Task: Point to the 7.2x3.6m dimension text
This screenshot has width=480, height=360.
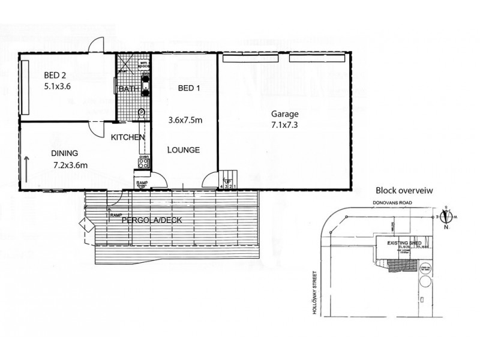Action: pyautogui.click(x=71, y=164)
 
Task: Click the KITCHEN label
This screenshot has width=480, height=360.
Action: pyautogui.click(x=128, y=137)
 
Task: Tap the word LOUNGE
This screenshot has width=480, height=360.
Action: pyautogui.click(x=183, y=150)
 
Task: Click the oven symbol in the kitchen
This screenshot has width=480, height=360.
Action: pyautogui.click(x=144, y=161)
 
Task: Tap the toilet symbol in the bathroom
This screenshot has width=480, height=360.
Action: pyautogui.click(x=142, y=112)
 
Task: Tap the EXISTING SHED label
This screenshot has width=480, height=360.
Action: pyautogui.click(x=403, y=242)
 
